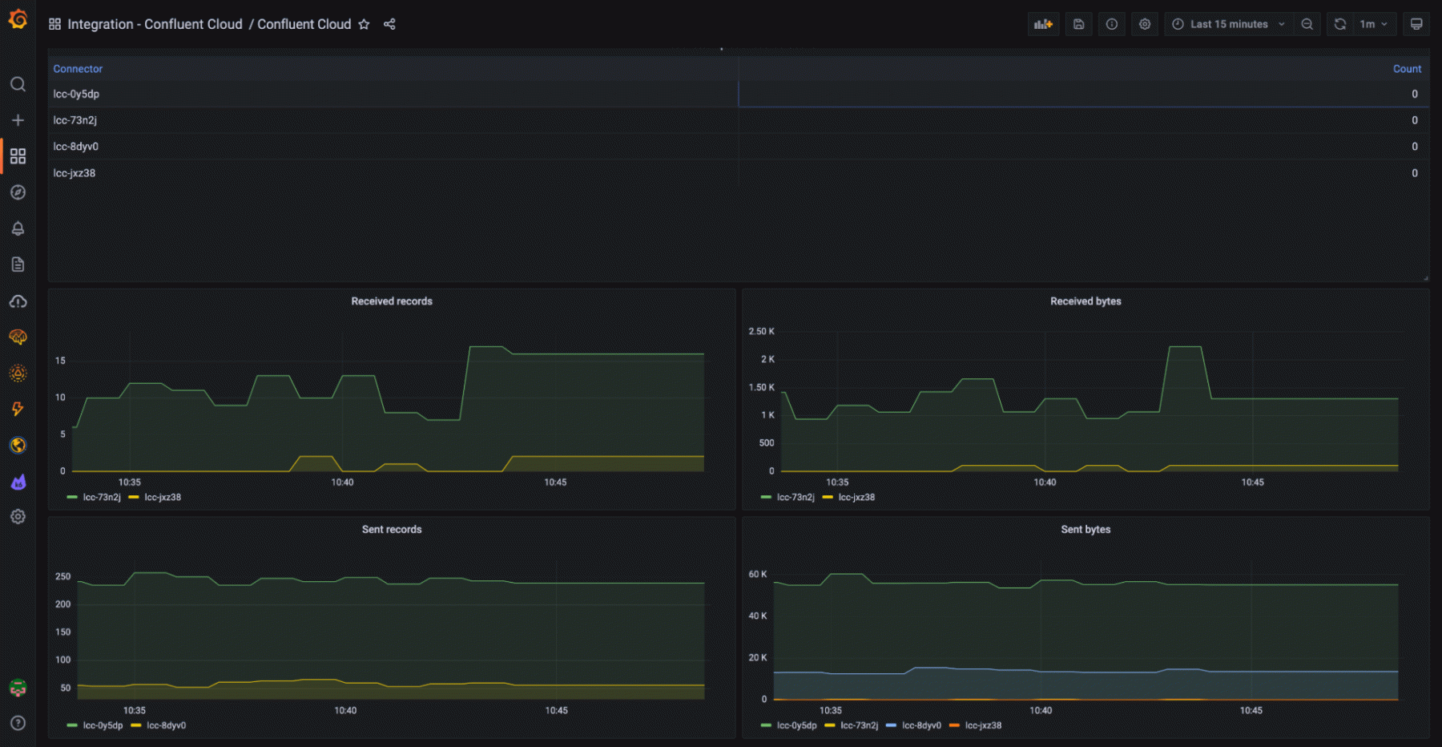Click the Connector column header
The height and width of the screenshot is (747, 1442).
point(78,69)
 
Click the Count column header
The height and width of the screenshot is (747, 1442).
point(1406,69)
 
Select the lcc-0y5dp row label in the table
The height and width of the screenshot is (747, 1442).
point(76,94)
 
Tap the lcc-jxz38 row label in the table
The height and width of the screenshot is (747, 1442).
point(75,173)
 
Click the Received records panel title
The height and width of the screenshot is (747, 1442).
point(392,301)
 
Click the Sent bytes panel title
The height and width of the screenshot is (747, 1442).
point(1086,530)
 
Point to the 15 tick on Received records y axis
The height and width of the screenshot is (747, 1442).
point(60,361)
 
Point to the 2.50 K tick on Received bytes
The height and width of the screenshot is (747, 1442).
point(761,331)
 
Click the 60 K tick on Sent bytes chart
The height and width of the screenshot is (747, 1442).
point(757,574)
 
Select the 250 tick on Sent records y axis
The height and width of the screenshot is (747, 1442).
point(62,576)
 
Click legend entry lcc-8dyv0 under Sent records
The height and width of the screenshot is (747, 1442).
point(166,725)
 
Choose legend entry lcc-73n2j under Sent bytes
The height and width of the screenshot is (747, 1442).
point(859,725)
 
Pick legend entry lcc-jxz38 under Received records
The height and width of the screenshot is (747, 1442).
point(163,497)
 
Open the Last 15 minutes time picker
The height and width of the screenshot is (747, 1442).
point(1228,24)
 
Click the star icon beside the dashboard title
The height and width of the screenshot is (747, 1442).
point(364,24)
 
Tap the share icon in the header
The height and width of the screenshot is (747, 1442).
point(389,24)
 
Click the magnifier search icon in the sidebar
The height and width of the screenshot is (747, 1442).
point(18,84)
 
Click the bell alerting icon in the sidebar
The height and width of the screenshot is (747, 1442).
point(18,228)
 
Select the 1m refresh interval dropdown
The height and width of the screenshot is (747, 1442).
point(1373,24)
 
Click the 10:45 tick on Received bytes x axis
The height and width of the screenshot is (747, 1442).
point(1252,483)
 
